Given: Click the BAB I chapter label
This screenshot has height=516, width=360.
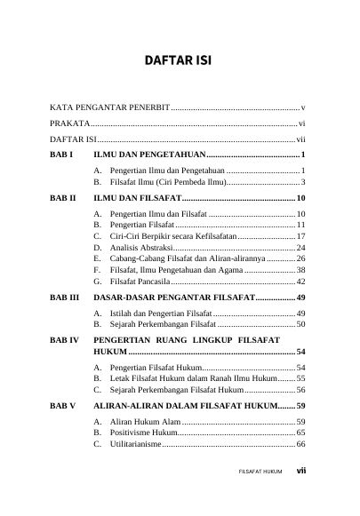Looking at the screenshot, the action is coord(62,155).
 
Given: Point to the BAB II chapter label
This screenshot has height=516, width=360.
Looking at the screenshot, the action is coord(64,197).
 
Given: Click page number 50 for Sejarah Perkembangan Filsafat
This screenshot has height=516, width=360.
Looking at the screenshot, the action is coord(300,324).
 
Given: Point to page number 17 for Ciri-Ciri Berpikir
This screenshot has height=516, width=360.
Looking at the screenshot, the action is coord(300,236).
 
